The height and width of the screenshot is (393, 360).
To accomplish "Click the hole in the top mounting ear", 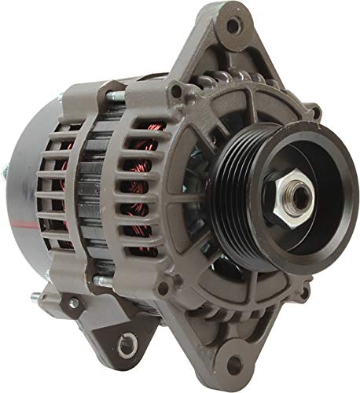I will [x=231, y=26].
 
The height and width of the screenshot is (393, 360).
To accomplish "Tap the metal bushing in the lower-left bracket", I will [x=124, y=342].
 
